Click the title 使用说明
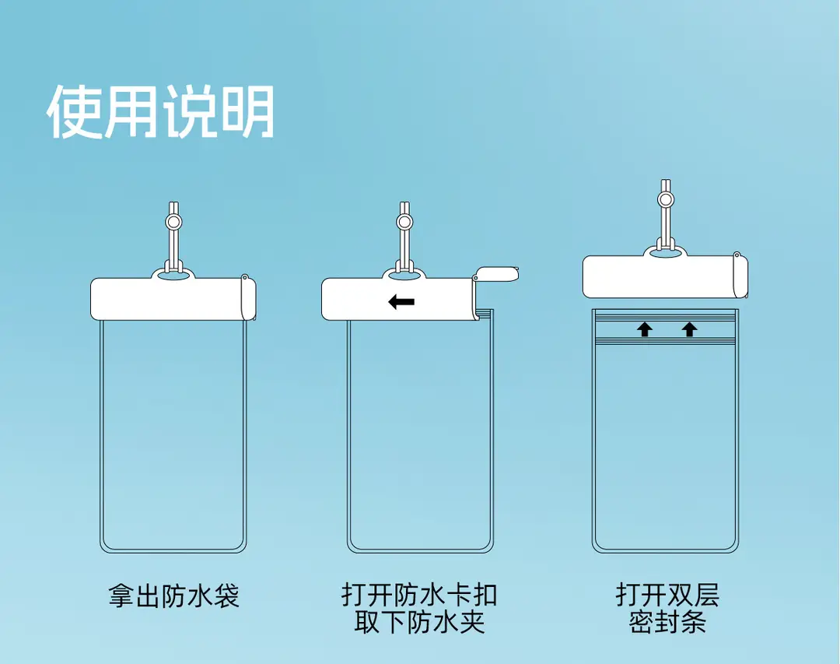[161, 111]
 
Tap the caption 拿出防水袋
[173, 595]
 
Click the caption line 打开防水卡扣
[419, 595]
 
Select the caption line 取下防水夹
[419, 622]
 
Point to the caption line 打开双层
[667, 595]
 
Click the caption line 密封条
[667, 622]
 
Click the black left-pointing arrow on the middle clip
[401, 302]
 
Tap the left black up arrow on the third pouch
[645, 329]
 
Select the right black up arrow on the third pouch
[689, 329]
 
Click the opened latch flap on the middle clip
[497, 274]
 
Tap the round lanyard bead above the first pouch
[173, 222]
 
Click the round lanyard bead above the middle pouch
[404, 222]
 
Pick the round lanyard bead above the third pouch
[665, 199]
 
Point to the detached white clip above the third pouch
[665, 277]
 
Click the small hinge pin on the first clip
[245, 278]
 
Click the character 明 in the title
[248, 111]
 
